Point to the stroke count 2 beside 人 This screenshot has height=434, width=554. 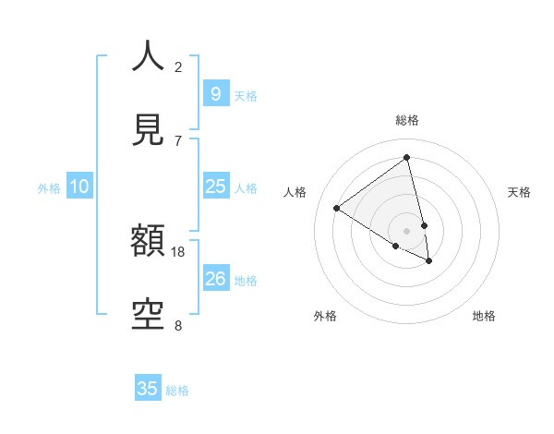(178, 66)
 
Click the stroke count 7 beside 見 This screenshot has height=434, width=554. (178, 140)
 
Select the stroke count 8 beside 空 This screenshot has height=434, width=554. (178, 326)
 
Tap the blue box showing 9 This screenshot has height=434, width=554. (215, 93)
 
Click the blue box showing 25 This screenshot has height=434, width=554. (215, 187)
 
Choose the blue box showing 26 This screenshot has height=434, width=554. (215, 279)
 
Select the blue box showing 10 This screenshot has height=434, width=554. (79, 187)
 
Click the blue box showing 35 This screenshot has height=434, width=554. (148, 389)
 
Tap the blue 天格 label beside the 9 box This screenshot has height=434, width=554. (246, 95)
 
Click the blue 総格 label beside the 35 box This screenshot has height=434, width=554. (177, 391)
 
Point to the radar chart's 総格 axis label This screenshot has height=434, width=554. (406, 120)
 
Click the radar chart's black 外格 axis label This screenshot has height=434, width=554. (325, 316)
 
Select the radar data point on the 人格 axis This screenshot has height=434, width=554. (336, 208)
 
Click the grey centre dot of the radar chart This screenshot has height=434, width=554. (406, 230)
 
